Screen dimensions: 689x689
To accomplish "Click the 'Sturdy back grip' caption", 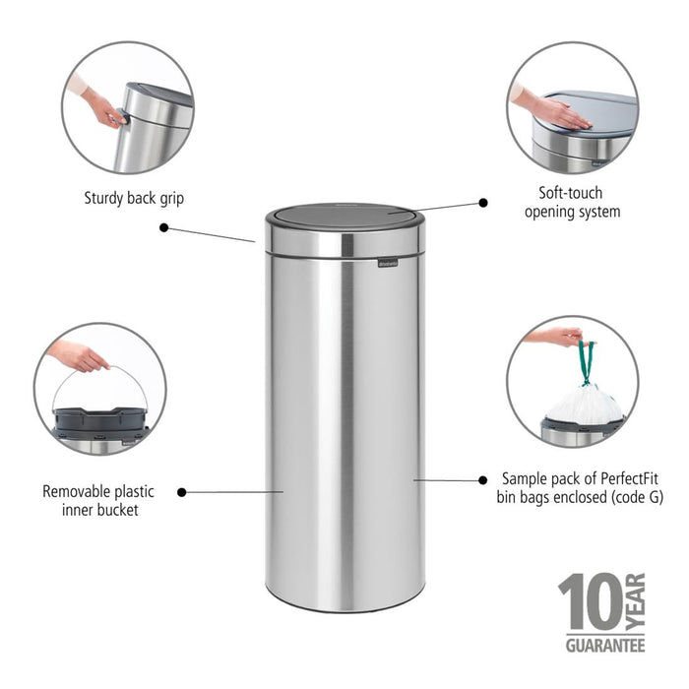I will (134, 199).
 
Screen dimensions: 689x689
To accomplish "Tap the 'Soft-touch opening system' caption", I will (571, 202).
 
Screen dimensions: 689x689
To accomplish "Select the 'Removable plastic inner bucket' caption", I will (97, 499).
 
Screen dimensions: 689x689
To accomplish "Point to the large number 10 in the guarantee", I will (590, 603).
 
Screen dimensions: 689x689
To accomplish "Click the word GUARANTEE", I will (604, 646).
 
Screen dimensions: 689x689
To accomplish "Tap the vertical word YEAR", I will (635, 602).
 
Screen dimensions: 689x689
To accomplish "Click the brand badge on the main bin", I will (390, 262).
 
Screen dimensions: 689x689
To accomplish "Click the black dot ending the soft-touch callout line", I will (483, 202).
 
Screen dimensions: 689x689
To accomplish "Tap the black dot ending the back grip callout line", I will (163, 227).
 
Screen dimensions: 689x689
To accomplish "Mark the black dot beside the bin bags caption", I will (482, 480).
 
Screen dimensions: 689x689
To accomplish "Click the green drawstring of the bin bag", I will (587, 362).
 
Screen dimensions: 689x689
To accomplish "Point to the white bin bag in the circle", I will (585, 405).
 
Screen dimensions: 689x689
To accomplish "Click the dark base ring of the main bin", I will (344, 606).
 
